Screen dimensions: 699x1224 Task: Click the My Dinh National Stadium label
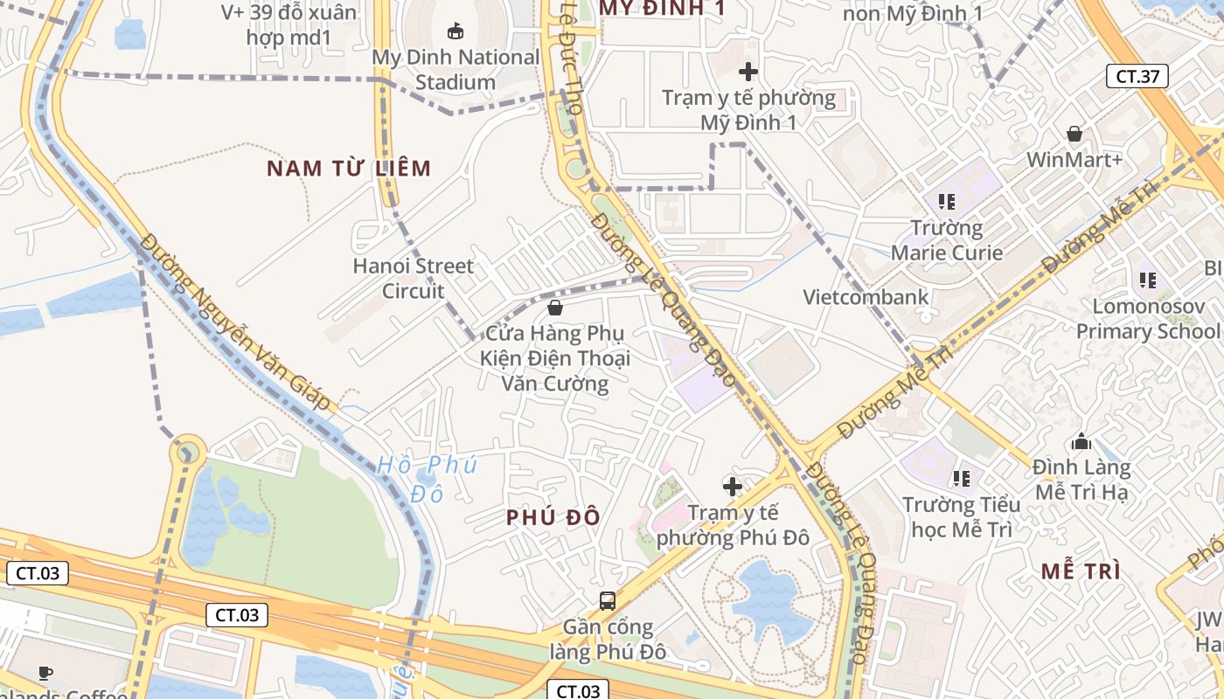coord(456,70)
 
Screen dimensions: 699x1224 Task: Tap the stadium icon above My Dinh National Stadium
coord(456,31)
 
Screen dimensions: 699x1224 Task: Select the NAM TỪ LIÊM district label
coord(349,169)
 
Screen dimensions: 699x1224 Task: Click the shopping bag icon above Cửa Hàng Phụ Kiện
coord(554,308)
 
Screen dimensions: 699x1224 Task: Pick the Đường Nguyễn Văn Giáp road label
coord(237,322)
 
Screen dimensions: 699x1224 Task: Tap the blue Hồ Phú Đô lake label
coord(428,479)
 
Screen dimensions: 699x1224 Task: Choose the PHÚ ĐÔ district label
coord(553,517)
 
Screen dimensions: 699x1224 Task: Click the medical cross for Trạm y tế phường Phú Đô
coord(733,486)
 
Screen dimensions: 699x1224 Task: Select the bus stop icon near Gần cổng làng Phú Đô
coord(607,600)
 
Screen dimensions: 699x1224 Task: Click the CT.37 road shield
coord(1137,76)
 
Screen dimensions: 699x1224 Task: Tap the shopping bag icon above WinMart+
coord(1074,134)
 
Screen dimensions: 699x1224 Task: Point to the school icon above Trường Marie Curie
coord(946,202)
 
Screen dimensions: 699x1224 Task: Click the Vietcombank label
coord(866,297)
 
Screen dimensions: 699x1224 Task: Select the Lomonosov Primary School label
coord(1147,319)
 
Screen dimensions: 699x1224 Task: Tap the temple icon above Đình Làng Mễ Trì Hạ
coord(1081,441)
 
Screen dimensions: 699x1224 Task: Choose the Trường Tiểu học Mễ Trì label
coord(961,517)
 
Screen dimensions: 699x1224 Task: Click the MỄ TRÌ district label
coord(1081,571)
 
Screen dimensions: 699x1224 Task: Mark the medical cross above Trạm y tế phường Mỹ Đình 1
coord(748,72)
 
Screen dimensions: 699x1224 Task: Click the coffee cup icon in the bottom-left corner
coord(45,672)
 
